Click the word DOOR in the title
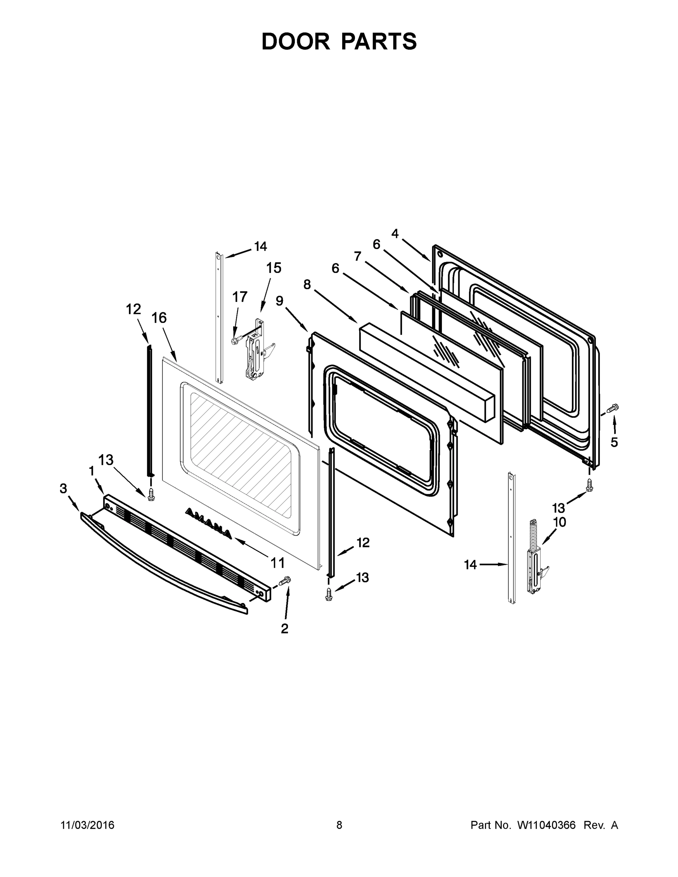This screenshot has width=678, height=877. [x=296, y=41]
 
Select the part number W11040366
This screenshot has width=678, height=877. [x=546, y=825]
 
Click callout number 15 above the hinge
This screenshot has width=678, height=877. [x=273, y=268]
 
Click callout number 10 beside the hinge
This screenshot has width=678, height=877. [x=560, y=522]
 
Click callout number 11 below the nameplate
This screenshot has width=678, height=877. [x=277, y=563]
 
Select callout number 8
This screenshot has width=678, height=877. [x=307, y=284]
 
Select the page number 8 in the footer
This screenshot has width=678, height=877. [x=339, y=825]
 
